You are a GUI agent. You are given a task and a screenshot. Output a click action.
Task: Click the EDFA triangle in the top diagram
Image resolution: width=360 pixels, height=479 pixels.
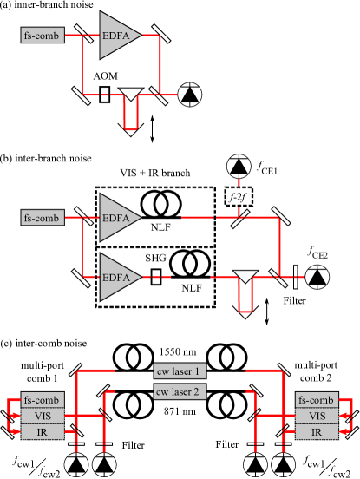pos(116,36)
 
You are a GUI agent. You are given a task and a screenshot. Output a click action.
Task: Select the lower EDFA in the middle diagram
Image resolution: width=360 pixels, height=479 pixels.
pos(116,278)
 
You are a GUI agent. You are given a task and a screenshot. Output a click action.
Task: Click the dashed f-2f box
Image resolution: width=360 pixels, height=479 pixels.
pos(234,197)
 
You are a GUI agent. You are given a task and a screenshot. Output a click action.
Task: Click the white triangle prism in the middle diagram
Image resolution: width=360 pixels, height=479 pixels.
pos(245,277)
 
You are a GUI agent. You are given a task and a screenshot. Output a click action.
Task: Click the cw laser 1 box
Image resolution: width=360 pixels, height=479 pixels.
pos(178,371)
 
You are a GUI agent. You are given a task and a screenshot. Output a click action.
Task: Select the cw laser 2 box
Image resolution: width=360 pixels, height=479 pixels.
pos(178,391)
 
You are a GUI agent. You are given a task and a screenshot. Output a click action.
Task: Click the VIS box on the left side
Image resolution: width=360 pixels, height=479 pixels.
pos(42,415)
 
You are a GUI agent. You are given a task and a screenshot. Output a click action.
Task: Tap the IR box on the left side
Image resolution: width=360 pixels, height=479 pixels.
pos(42,430)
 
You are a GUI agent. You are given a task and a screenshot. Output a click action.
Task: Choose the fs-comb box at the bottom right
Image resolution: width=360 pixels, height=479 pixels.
pos(316,400)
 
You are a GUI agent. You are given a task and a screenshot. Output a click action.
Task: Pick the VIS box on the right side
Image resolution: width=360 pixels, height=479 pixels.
pos(316,415)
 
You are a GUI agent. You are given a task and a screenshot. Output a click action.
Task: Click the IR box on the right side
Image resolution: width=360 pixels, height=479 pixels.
pos(316,430)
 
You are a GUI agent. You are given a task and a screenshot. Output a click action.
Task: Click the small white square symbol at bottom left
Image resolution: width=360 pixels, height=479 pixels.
pos(37,466)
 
